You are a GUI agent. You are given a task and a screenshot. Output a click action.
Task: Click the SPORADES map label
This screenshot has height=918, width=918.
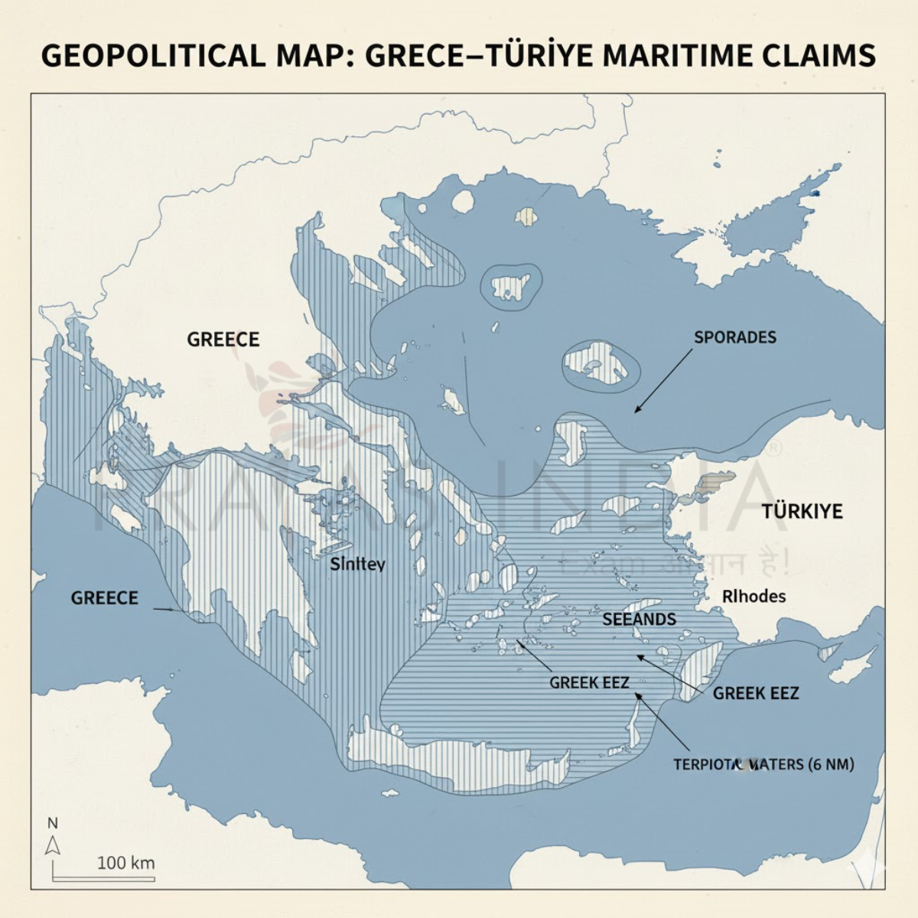coord(734,337)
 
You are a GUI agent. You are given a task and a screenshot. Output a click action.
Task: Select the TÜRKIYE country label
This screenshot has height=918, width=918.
coord(801,512)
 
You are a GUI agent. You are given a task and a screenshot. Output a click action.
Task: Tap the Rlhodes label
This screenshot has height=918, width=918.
coord(754,596)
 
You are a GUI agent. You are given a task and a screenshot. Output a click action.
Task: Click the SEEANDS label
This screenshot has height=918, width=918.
coord(639,619)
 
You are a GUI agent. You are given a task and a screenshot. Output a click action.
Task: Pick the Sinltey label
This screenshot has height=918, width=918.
coord(357,565)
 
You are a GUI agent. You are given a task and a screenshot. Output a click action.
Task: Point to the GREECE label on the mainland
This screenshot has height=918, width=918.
coord(223,339)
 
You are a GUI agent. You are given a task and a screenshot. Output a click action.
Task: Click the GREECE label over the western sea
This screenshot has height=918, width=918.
coord(104,597)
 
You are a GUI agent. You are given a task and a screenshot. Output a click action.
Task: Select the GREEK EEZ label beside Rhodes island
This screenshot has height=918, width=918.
coord(755,693)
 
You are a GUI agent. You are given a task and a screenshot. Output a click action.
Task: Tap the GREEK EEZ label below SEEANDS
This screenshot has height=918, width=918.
coord(589,682)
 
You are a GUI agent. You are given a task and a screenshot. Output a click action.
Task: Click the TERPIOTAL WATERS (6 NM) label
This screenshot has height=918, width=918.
coord(763,764)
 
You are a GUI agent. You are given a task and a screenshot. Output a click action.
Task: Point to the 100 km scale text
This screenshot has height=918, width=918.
coord(125,863)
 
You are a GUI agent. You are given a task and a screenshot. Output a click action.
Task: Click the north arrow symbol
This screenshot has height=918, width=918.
coord(53,845)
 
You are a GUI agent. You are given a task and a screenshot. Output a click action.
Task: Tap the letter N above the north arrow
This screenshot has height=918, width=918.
coord(53,824)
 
